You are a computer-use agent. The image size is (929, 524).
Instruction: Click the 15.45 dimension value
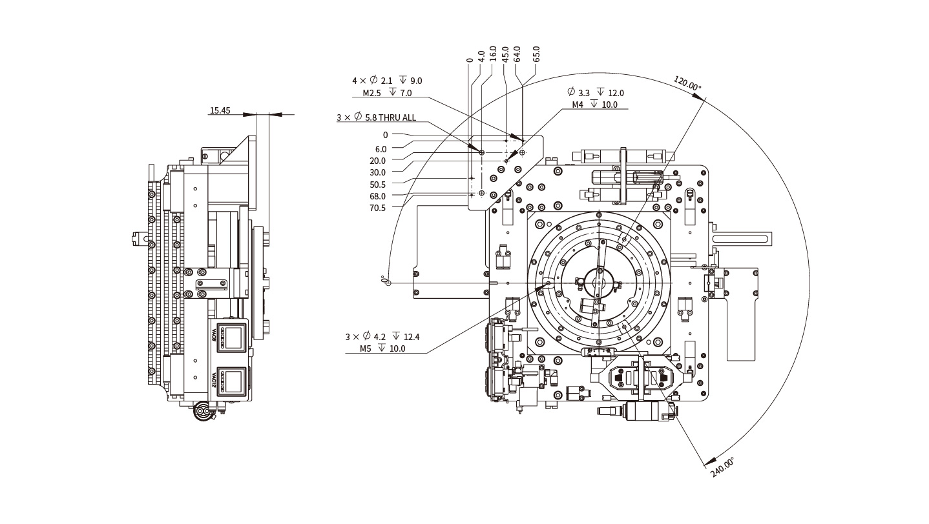[220, 110]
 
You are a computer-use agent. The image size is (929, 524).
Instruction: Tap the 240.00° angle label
[722, 467]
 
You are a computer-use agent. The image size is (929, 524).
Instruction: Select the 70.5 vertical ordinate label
[377, 208]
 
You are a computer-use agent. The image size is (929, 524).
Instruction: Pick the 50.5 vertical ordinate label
[377, 185]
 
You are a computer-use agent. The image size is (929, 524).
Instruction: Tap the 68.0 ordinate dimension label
[377, 196]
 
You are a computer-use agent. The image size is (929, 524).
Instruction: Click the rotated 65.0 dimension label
[536, 54]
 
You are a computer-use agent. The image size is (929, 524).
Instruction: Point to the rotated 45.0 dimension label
[505, 54]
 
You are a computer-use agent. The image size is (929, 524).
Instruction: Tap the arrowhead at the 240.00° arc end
[706, 459]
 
